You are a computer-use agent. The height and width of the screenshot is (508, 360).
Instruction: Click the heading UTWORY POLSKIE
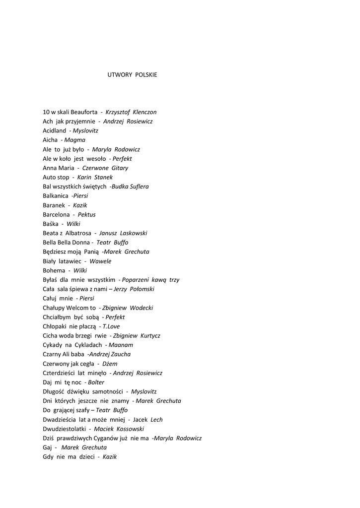click(132, 75)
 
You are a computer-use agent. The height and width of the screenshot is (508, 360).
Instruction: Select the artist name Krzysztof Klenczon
click(131, 112)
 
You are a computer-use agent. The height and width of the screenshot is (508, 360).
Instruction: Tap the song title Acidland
click(54, 130)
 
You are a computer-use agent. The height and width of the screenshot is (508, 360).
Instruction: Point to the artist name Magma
click(75, 140)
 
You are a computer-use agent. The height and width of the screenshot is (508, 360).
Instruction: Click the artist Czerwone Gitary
click(105, 168)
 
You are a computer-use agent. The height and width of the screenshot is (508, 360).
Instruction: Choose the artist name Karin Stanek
click(95, 177)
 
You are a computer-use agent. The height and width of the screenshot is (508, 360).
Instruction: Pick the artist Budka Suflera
click(130, 187)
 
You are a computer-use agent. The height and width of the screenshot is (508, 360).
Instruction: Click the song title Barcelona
click(56, 215)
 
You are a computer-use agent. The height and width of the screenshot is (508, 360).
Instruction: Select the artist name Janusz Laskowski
click(123, 233)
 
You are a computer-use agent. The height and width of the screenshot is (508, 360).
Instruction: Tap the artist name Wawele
click(100, 261)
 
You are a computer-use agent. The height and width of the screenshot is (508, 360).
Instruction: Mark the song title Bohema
click(54, 270)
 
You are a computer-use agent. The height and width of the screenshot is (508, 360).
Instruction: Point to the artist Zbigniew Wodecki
click(128, 308)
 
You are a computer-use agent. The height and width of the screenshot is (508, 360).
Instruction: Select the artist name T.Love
click(111, 326)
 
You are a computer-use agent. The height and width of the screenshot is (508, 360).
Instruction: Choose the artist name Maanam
click(121, 345)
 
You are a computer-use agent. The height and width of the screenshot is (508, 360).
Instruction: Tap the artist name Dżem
click(110, 364)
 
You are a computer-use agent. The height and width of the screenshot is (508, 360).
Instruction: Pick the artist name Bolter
click(96, 382)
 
